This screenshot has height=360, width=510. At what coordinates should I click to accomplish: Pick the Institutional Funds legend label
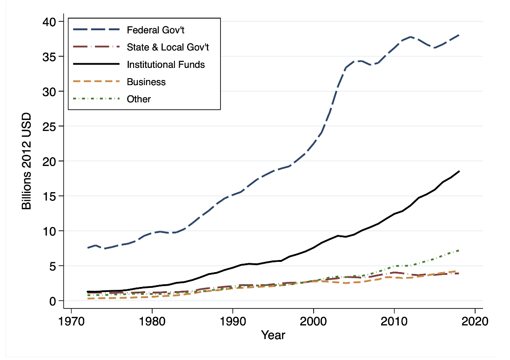coord(166,65)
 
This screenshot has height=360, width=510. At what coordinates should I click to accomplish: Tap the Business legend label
coord(146,82)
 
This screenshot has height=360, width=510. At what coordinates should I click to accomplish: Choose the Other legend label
coord(139,99)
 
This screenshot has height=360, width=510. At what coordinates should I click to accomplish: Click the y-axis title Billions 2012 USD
coord(27,161)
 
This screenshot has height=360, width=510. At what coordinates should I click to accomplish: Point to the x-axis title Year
coord(273,335)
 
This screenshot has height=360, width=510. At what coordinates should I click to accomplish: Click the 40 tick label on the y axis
coord(49,22)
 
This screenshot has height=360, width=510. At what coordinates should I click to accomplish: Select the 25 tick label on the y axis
coord(49,127)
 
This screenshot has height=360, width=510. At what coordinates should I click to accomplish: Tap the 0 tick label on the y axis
coord(53,301)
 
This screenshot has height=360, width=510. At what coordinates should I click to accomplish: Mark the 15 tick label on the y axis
coord(49,196)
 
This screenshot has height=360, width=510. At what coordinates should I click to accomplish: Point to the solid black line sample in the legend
coord(95,65)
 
